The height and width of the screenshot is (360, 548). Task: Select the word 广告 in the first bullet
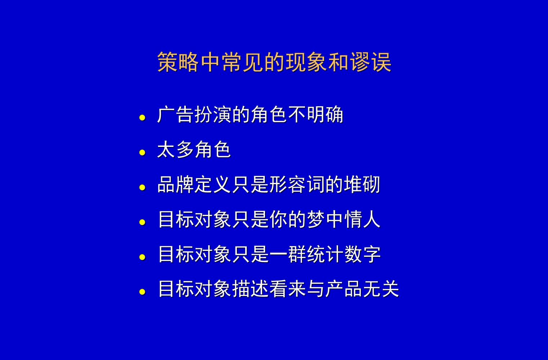pyautogui.click(x=175, y=115)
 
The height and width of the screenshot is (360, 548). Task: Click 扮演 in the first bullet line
pyautogui.click(x=213, y=115)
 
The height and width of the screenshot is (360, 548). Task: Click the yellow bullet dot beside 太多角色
pyautogui.click(x=143, y=152)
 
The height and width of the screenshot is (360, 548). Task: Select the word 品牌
pyautogui.click(x=175, y=185)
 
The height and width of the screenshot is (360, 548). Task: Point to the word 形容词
pyautogui.click(x=297, y=185)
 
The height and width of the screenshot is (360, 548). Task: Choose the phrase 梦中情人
pyautogui.click(x=344, y=220)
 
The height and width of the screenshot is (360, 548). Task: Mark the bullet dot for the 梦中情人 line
pyautogui.click(x=143, y=222)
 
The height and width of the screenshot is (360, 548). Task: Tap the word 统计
pyautogui.click(x=325, y=255)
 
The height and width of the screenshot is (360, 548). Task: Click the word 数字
pyautogui.click(x=363, y=255)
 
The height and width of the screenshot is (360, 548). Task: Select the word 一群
pyautogui.click(x=288, y=255)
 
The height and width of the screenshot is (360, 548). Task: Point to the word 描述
pyautogui.click(x=250, y=289)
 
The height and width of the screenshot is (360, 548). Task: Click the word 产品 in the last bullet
pyautogui.click(x=344, y=289)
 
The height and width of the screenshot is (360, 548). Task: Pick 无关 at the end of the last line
pyautogui.click(x=381, y=289)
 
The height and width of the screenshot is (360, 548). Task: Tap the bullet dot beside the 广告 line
pyautogui.click(x=143, y=117)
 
